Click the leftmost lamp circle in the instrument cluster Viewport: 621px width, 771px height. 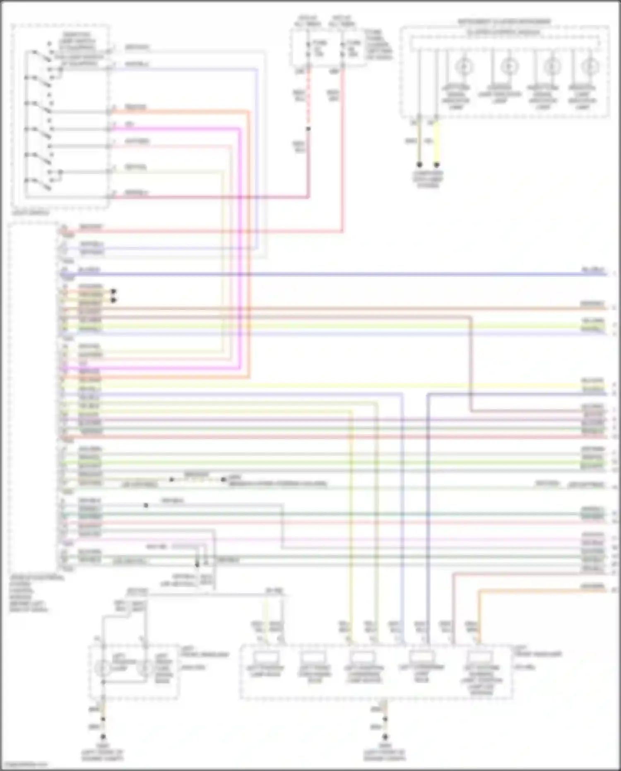[x=464, y=66]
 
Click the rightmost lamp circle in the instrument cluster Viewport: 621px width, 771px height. [x=590, y=66]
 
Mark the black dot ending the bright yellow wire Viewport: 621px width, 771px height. [x=437, y=164]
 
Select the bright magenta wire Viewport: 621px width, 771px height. [x=240, y=249]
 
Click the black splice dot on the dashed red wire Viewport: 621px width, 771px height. [x=308, y=129]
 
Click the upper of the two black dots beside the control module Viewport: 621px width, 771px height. [x=113, y=291]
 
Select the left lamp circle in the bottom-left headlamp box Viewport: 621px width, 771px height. [x=103, y=667]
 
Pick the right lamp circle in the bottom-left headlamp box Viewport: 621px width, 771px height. [x=145, y=667]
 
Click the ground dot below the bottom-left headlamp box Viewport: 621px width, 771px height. [x=103, y=737]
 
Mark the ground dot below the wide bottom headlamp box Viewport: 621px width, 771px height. [x=385, y=737]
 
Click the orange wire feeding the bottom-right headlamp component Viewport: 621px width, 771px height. [x=479, y=613]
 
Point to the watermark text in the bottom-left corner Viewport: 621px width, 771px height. [x=24, y=765]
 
